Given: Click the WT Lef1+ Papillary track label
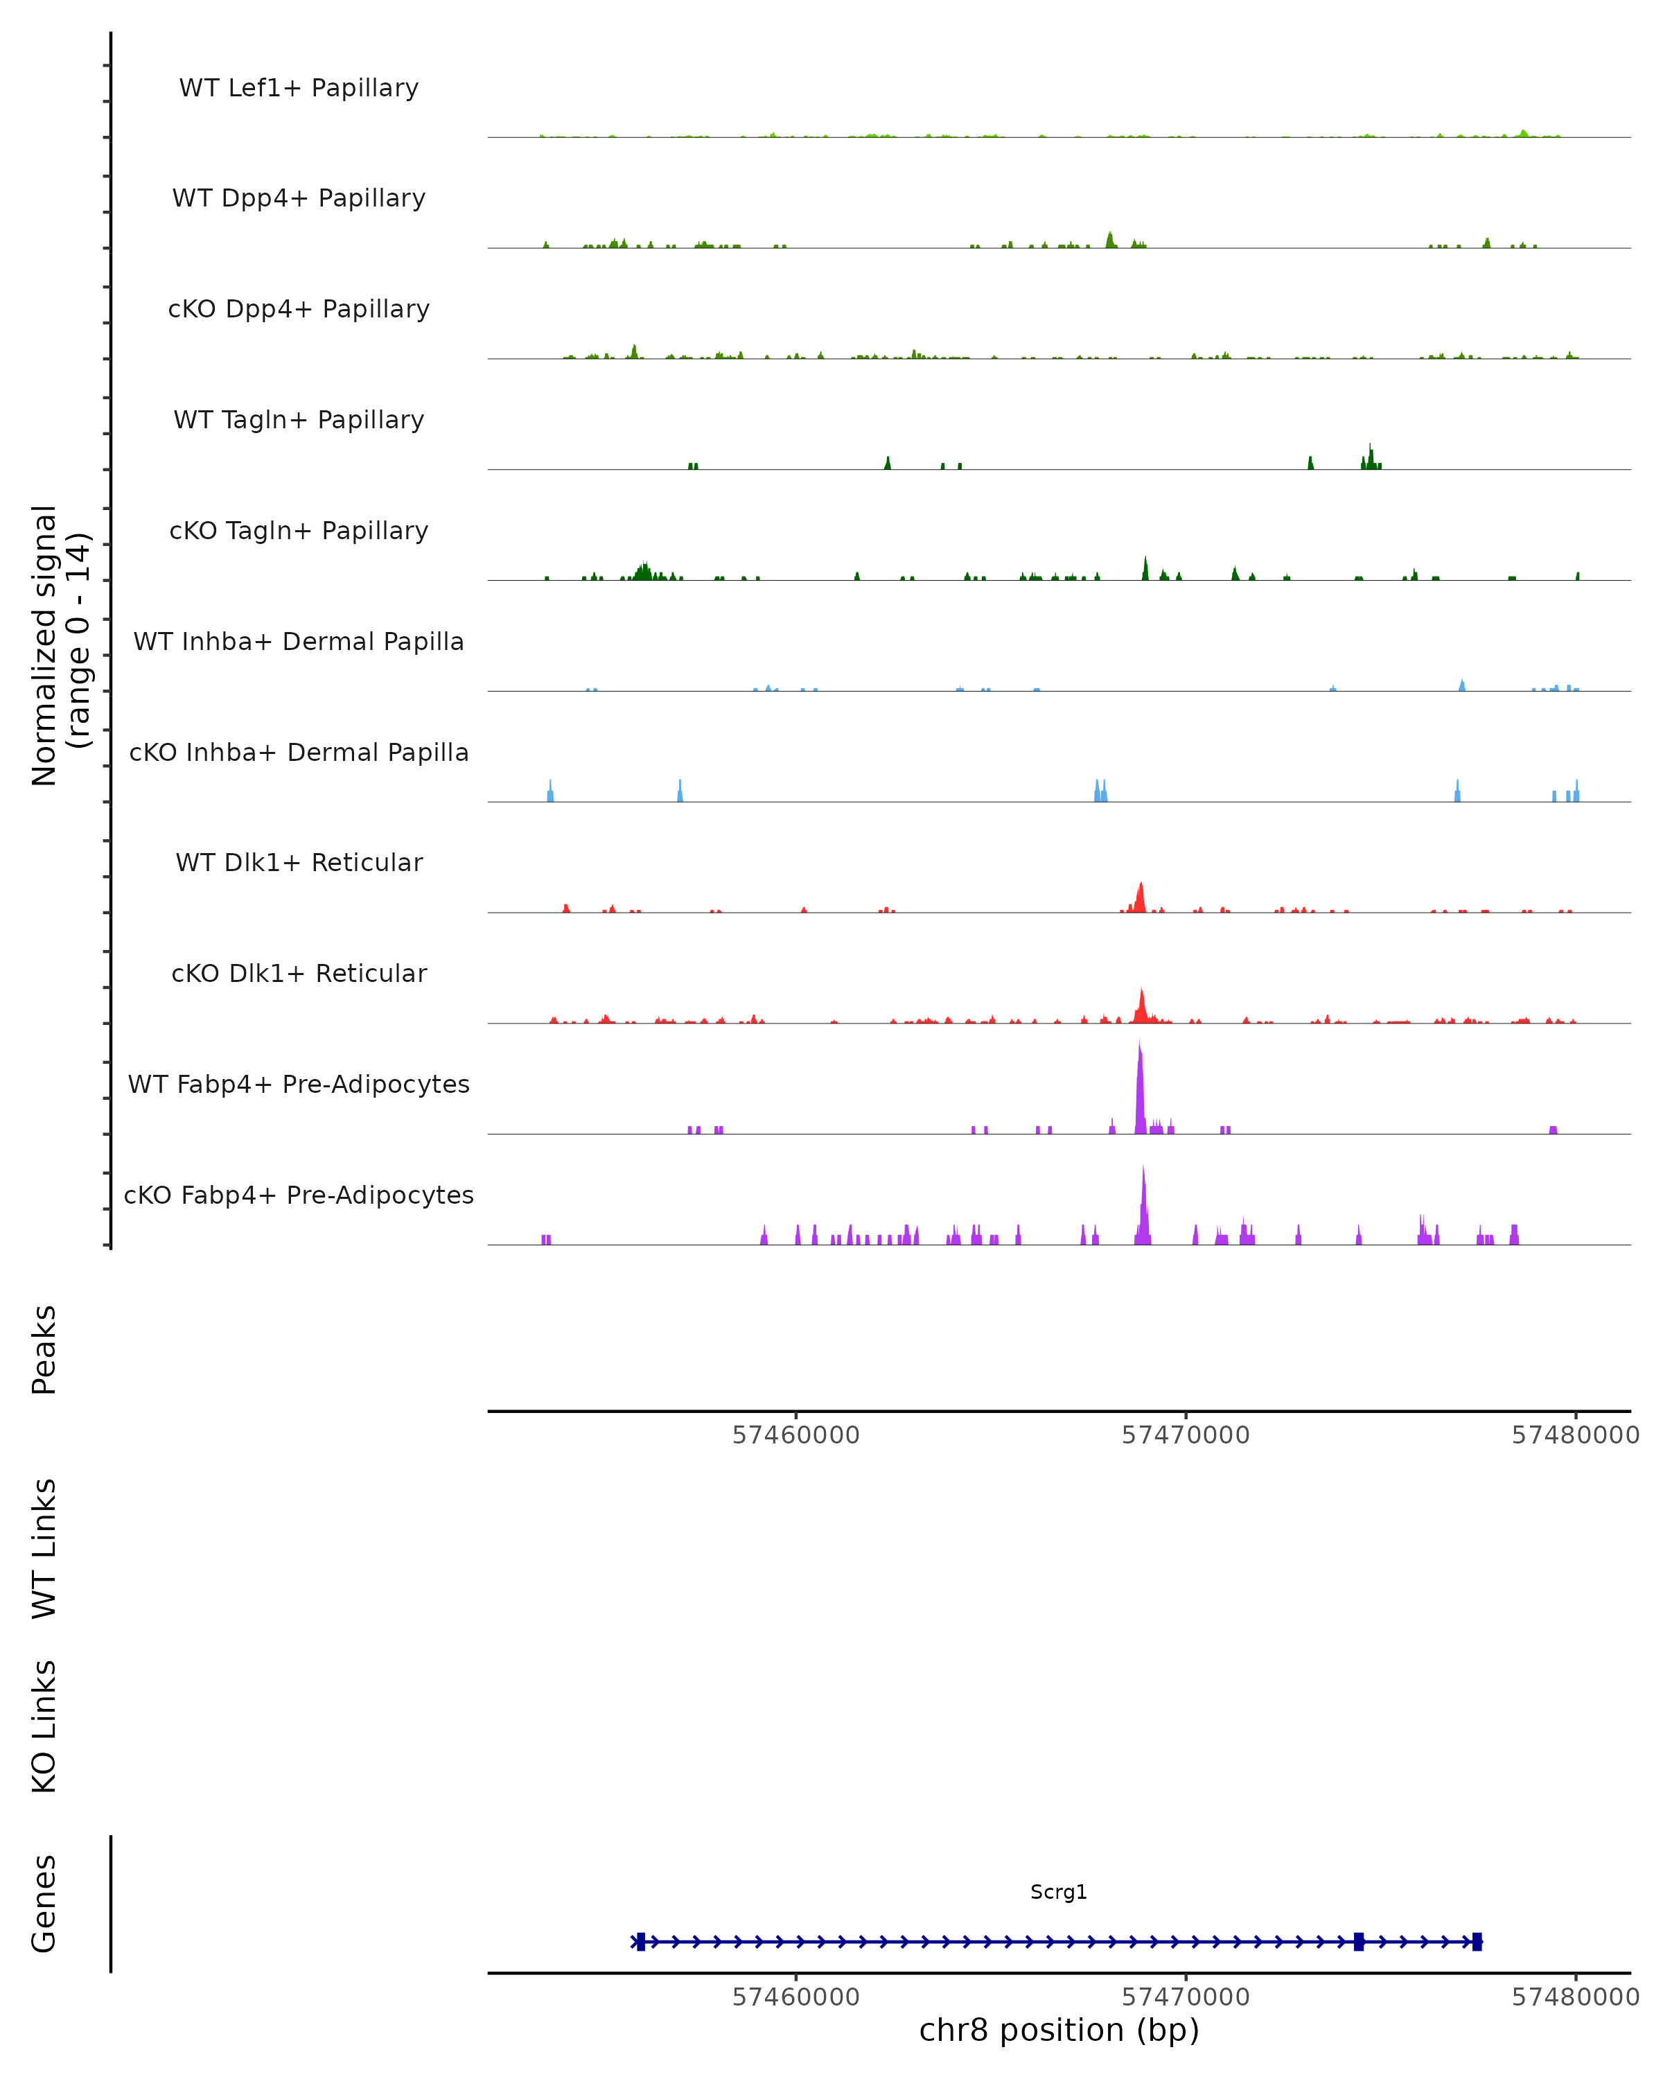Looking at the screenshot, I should [x=299, y=88].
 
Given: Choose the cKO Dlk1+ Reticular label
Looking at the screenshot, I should [x=299, y=973].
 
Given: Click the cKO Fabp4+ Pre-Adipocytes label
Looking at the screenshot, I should [x=299, y=1195].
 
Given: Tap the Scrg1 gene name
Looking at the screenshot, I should [x=1059, y=1892].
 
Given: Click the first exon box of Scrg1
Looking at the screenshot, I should [x=641, y=1942].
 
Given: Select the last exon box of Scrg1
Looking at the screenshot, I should [x=1477, y=1942].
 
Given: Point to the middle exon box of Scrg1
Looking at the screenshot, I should [x=1358, y=1942].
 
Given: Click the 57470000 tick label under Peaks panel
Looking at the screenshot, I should [x=1186, y=1435].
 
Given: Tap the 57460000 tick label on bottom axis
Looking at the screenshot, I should [x=796, y=1997].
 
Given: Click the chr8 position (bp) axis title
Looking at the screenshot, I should [x=1059, y=2030].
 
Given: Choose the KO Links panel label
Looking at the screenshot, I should [x=44, y=1727].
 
